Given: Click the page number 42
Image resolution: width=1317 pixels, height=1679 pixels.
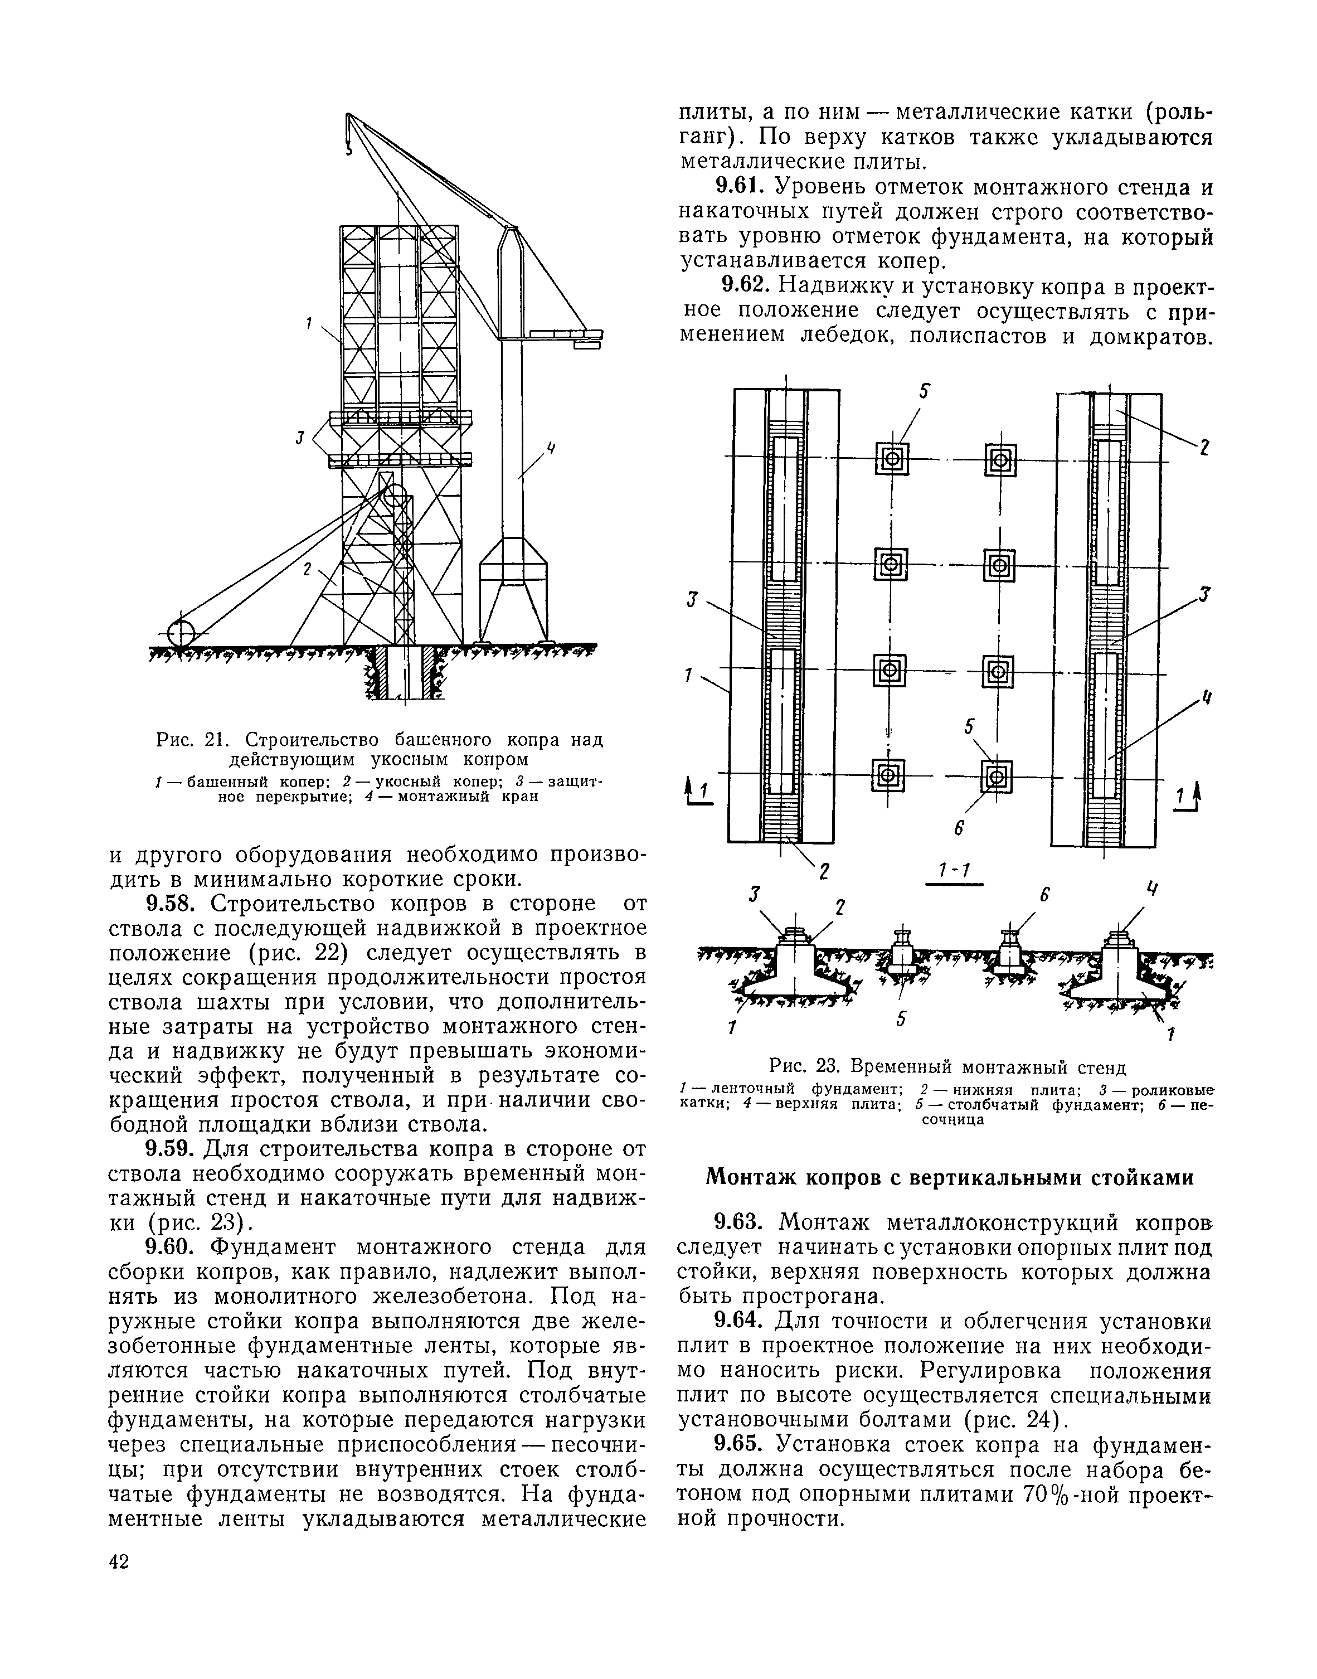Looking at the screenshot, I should coord(119,1562).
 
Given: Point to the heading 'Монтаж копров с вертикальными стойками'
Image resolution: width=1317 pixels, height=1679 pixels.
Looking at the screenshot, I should coord(950,1178).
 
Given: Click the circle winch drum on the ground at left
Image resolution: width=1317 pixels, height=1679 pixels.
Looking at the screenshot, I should coord(181,633).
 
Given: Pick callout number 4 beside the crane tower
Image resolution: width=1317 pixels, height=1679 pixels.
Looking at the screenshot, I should coord(551,448).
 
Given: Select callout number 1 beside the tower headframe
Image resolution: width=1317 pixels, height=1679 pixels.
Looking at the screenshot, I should coord(308,324).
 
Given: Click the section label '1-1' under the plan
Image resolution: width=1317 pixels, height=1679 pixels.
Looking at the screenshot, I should coord(952,871).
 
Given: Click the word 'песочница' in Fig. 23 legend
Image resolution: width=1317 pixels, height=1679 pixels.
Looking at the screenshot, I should coord(953,1120).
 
